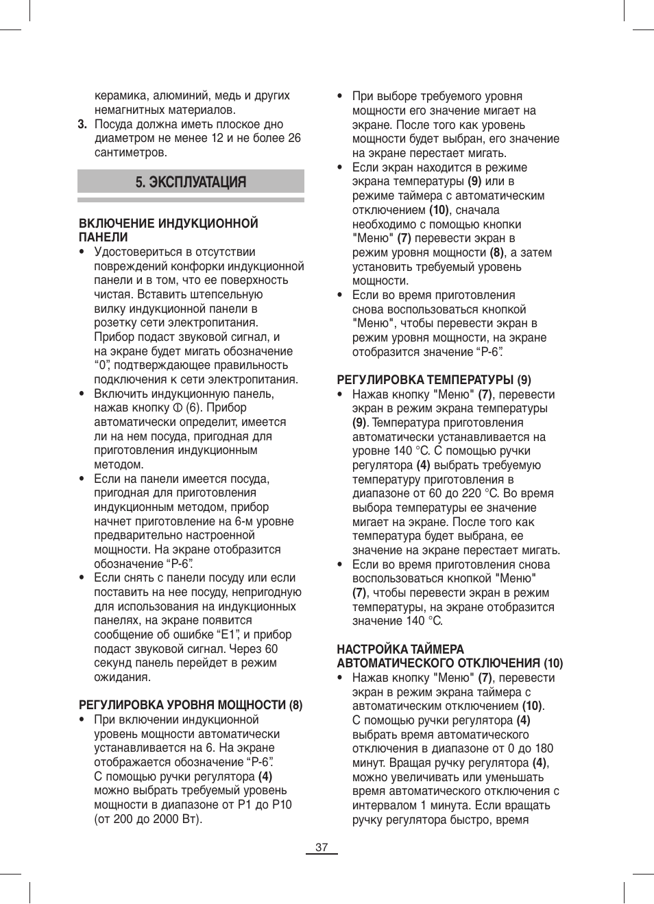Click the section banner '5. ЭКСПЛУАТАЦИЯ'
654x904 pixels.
[191, 182]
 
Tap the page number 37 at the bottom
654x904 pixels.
[322, 847]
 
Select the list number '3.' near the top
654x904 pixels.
[82, 124]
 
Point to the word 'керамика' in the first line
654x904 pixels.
[121, 95]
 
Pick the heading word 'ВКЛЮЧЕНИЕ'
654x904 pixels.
[117, 224]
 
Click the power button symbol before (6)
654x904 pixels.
[178, 408]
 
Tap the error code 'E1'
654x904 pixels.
[228, 634]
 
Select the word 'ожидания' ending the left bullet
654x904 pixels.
[122, 677]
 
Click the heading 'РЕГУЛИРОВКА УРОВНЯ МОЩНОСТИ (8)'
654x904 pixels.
[191, 705]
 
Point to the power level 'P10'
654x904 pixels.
[282, 805]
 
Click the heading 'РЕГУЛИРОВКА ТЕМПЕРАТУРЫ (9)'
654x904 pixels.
[434, 380]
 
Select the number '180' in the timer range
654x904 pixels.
[544, 748]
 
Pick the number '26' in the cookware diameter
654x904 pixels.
[294, 138]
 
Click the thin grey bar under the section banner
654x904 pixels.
[191, 200]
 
